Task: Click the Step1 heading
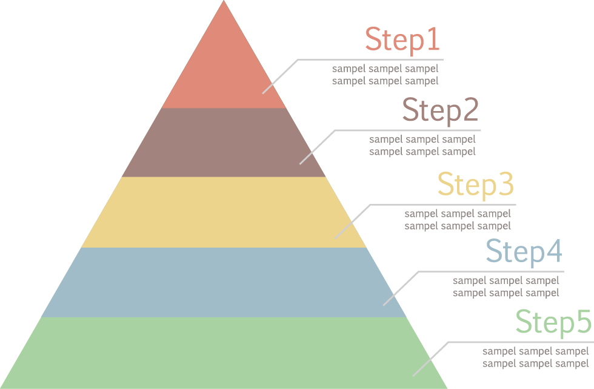(402, 40)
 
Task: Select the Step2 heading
(441, 111)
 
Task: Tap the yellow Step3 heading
(476, 184)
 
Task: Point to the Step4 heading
(524, 252)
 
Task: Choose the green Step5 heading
(553, 322)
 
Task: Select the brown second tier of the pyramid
(224, 143)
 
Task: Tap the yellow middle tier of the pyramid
(224, 212)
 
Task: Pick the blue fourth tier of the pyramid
(224, 282)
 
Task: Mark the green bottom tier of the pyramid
(224, 353)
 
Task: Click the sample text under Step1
(385, 75)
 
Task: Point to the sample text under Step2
(422, 146)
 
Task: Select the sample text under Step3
(458, 220)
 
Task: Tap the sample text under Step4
(506, 286)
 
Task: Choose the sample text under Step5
(535, 357)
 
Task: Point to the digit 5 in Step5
(582, 322)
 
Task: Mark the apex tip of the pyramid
(224, 2)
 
